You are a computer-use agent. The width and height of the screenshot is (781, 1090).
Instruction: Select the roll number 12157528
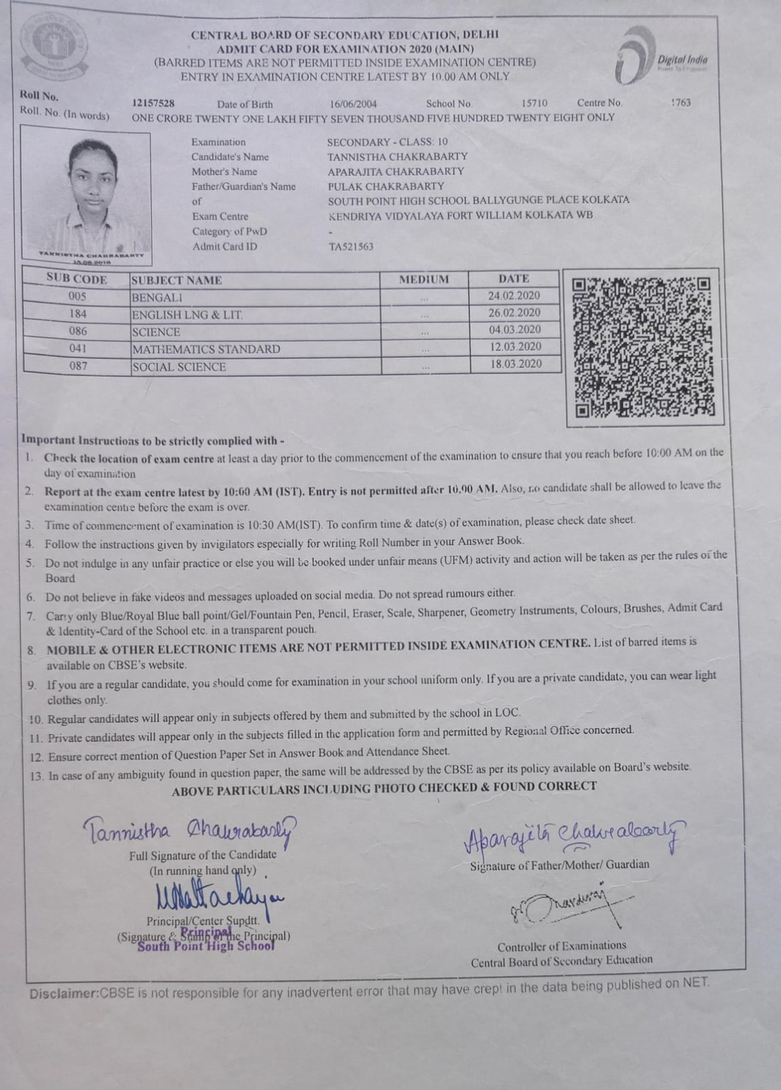[x=153, y=103]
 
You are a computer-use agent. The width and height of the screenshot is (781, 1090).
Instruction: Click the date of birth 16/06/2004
[x=353, y=104]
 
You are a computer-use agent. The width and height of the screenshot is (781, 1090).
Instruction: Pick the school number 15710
[x=534, y=103]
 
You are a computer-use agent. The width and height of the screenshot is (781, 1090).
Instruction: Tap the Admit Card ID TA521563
[x=350, y=247]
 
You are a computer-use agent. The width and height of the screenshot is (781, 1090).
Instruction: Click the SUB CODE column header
[x=76, y=279]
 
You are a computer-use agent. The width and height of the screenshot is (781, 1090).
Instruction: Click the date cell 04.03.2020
[x=515, y=330]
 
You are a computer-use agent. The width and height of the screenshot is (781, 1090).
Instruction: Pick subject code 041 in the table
[x=78, y=348]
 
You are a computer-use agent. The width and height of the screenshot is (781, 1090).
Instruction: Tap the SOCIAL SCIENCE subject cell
[x=179, y=367]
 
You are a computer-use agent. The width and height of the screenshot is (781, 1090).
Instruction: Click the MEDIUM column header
[x=424, y=279]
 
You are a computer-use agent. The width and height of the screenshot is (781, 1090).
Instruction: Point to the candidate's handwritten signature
[x=191, y=830]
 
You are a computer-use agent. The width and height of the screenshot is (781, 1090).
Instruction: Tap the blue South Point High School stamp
[x=206, y=941]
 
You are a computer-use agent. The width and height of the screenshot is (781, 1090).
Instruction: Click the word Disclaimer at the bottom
[x=63, y=994]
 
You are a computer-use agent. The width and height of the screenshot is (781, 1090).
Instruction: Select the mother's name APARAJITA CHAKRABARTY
[x=395, y=171]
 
